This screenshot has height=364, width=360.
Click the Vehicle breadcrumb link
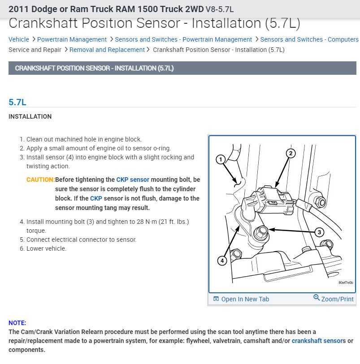tap(19, 39)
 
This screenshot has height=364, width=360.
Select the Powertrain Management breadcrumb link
tap(72, 39)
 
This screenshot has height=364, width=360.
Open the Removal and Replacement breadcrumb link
tap(107, 50)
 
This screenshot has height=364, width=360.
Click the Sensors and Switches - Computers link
tap(309, 39)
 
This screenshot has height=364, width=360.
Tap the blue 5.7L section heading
tap(17, 102)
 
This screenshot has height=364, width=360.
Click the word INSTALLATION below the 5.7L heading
tap(30, 116)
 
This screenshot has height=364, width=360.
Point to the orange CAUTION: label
tap(40, 180)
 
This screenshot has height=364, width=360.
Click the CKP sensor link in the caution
tap(133, 180)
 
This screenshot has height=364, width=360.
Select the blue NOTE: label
tap(17, 323)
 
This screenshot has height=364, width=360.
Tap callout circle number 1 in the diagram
tap(220, 159)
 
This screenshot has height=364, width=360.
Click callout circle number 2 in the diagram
tap(291, 154)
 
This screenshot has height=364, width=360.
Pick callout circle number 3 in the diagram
tap(319, 232)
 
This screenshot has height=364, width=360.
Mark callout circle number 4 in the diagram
tap(222, 260)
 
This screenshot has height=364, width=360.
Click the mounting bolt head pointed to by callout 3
tap(261, 231)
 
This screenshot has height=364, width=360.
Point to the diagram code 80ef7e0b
tap(346, 283)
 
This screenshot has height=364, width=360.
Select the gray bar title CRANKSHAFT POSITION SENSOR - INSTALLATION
tap(94, 68)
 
